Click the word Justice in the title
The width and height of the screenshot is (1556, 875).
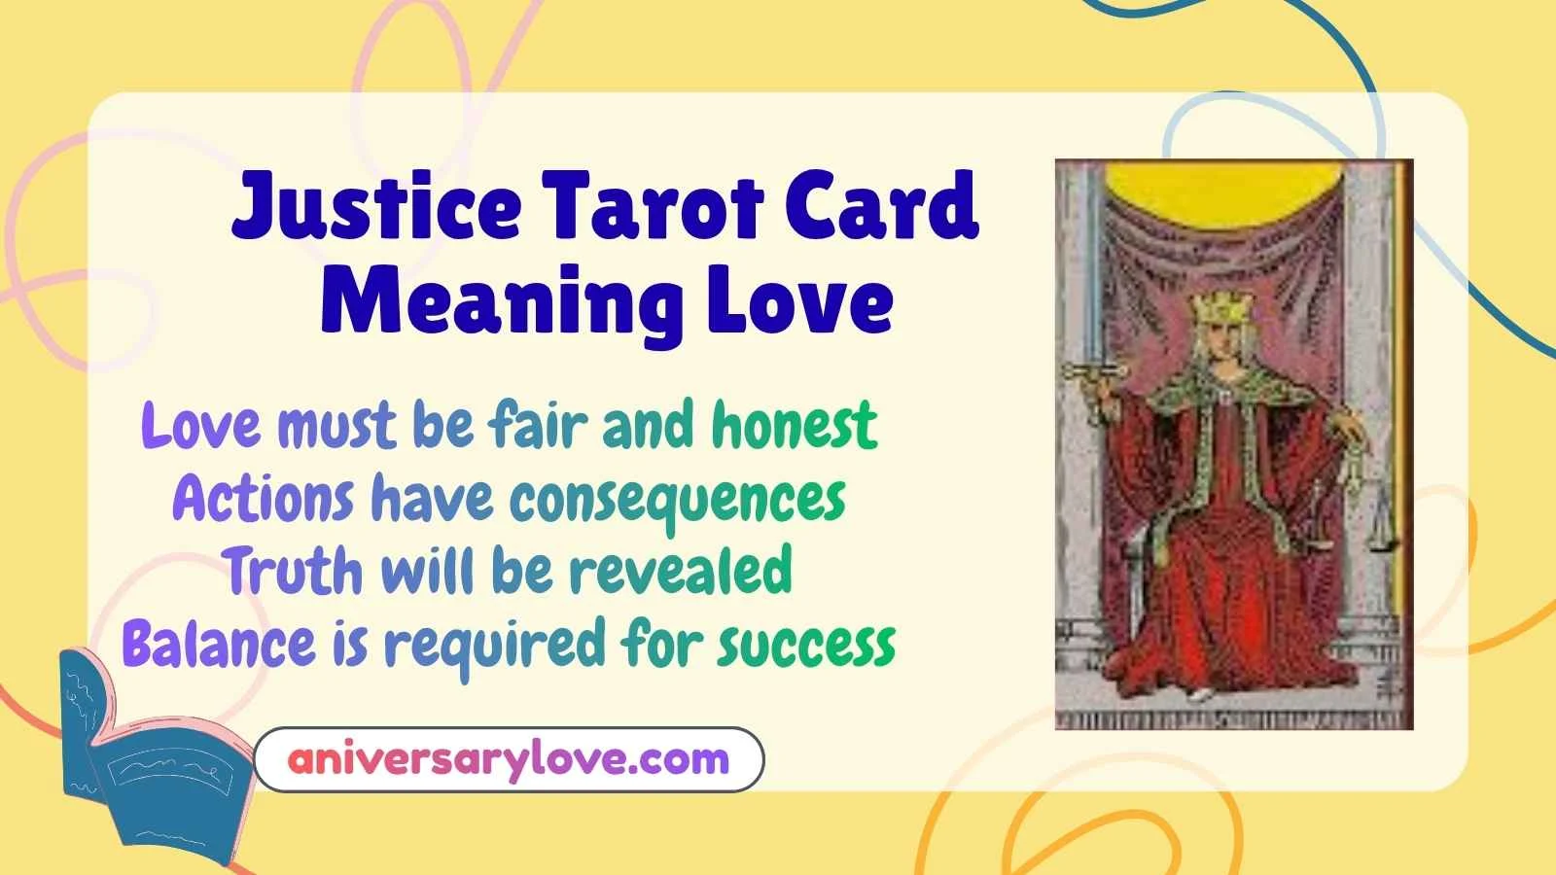[x=376, y=208]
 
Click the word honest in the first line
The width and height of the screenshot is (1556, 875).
[x=795, y=425]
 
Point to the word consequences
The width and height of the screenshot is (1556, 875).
[x=678, y=500]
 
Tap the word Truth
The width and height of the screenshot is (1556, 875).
[x=294, y=571]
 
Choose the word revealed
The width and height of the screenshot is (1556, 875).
[x=680, y=571]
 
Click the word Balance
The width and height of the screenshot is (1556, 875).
[x=219, y=643]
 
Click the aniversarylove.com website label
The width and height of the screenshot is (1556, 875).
[x=508, y=758]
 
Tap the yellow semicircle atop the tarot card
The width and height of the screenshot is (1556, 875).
[x=1233, y=184]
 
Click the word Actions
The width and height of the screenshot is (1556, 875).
[x=263, y=500]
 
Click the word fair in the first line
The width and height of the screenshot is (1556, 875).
[x=538, y=425]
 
